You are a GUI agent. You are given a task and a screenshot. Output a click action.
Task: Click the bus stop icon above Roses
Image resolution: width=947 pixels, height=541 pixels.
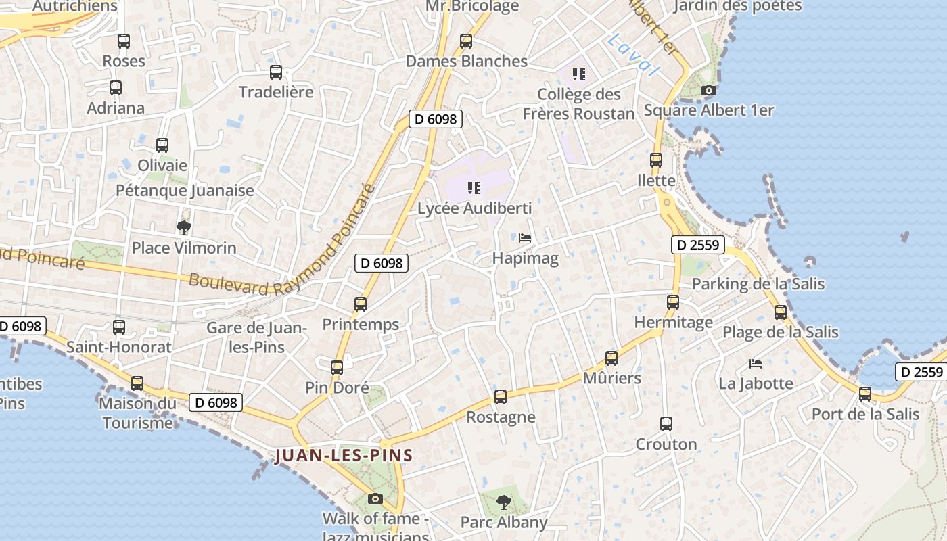coord(123,41)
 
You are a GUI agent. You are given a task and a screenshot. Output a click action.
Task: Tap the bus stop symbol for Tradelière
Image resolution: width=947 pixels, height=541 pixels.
coord(276,72)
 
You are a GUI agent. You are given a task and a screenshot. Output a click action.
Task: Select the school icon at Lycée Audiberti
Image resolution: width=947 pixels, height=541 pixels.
coord(473,188)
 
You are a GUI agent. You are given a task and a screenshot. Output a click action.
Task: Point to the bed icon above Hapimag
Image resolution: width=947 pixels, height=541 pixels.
coord(525,238)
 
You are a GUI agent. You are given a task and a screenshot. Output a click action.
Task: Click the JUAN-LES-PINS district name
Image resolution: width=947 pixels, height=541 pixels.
coord(344,455)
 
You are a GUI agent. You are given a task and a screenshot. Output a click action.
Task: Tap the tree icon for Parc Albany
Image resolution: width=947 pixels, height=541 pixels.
coord(503,502)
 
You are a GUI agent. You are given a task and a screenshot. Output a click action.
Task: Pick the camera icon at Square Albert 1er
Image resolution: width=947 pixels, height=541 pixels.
coord(709,90)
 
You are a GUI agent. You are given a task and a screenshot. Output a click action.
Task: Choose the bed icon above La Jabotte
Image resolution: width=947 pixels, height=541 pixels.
coord(756,364)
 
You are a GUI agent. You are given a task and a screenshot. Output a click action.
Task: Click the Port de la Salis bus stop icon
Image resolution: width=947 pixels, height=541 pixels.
coord(865,394)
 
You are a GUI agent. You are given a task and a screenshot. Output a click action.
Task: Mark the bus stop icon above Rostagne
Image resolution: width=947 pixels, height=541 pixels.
coord(501,397)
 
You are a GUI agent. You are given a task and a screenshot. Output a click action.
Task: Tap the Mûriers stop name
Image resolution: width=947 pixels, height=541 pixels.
coord(612,378)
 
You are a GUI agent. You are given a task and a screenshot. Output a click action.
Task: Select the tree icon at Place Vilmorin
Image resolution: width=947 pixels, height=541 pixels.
coord(183,228)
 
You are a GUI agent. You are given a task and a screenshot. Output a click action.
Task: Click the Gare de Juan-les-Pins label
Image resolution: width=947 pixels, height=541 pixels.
coord(256,337)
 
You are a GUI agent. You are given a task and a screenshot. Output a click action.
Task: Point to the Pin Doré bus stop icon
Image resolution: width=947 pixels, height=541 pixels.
coord(337,368)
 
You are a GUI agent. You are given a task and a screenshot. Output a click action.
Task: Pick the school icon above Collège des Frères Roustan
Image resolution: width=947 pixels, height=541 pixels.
coord(578,74)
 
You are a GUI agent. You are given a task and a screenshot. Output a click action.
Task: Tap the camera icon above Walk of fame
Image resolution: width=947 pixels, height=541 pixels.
coord(375,499)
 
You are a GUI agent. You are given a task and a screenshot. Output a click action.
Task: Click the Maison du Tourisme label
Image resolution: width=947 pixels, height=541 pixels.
coord(137,413)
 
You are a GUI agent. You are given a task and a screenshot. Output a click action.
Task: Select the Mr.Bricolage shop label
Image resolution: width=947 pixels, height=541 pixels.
coord(472,7)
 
